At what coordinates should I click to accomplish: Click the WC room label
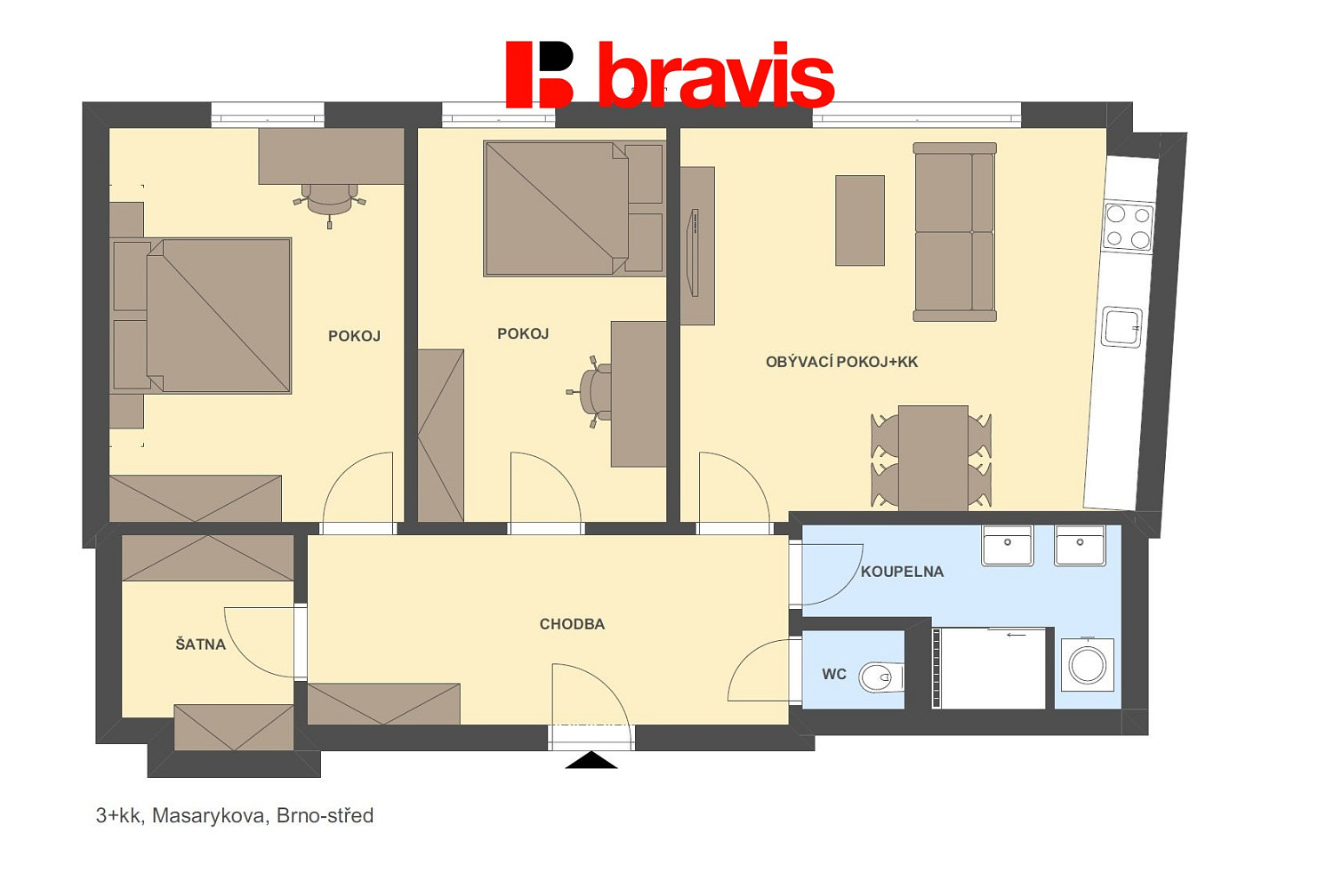(x=834, y=675)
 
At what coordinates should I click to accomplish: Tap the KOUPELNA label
(x=903, y=573)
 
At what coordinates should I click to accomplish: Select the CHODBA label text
(x=572, y=624)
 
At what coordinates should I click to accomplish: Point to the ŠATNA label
(x=201, y=644)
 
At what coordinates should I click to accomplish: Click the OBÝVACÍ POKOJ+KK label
(x=841, y=362)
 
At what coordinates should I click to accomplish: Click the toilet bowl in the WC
(x=880, y=677)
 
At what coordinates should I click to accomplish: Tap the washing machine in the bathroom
(x=1088, y=666)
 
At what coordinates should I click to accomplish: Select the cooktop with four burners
(x=1129, y=227)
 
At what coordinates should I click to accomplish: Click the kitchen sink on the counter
(x=1122, y=327)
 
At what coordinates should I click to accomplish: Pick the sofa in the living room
(x=954, y=232)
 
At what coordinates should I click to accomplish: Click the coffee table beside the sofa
(x=860, y=220)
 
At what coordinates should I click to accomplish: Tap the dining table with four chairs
(x=932, y=458)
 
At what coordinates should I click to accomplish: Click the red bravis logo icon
(x=540, y=75)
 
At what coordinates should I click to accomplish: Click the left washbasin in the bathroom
(x=1007, y=545)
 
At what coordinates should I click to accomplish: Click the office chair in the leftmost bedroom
(x=329, y=202)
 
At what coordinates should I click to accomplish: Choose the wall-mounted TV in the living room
(x=695, y=252)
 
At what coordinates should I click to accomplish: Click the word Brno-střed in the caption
(x=325, y=816)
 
